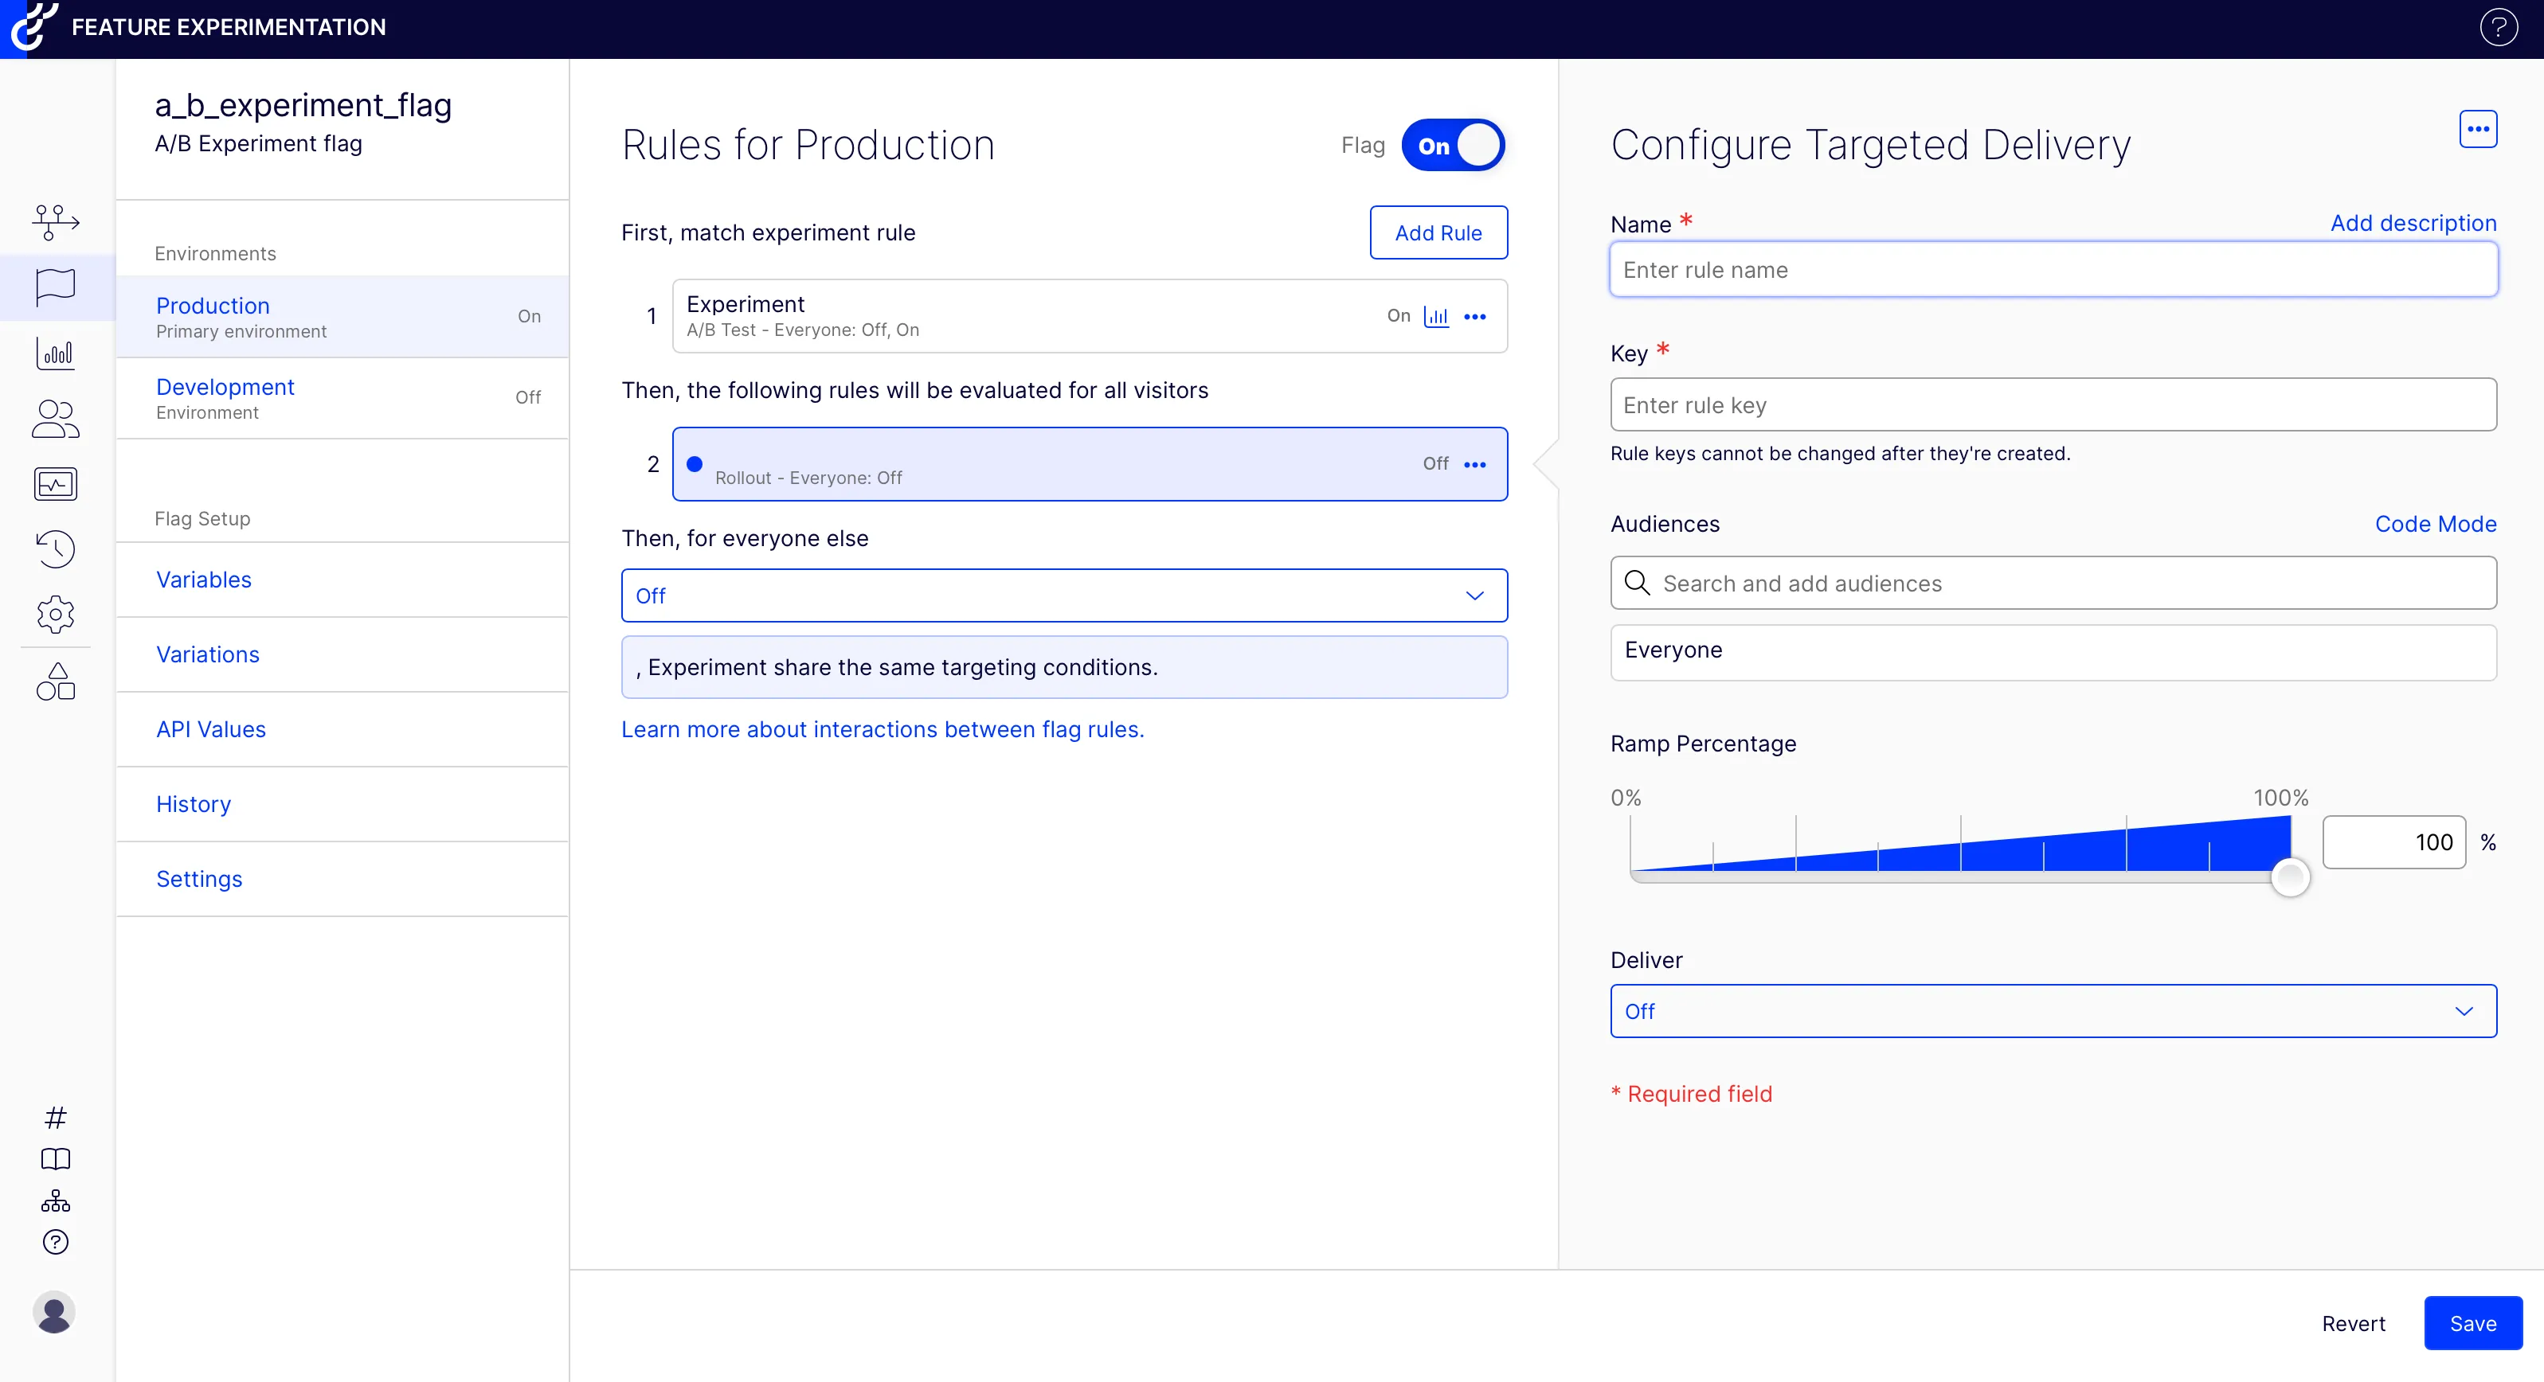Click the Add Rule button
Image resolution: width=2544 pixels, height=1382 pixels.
coord(1438,233)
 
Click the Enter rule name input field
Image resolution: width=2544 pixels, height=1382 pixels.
coord(2053,271)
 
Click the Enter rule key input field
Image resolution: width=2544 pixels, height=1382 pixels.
coord(2053,406)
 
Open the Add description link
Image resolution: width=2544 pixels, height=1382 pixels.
coord(2413,223)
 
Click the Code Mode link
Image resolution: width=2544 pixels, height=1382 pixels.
coord(2434,524)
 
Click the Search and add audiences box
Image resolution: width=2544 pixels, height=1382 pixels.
coord(2053,584)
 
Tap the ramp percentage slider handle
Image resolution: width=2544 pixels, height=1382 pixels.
coord(2289,876)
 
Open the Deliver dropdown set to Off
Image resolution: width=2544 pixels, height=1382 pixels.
coord(2053,1012)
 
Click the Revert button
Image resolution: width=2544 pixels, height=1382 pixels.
coord(2352,1324)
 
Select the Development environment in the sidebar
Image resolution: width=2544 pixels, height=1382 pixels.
coord(225,388)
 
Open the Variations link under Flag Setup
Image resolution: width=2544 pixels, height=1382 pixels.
coord(207,654)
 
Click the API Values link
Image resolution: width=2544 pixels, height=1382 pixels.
coord(210,729)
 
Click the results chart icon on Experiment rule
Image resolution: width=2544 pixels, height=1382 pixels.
coord(1436,317)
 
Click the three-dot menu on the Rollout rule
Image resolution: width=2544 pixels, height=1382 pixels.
coord(1474,465)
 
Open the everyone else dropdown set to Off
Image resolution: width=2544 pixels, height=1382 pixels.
coord(1063,596)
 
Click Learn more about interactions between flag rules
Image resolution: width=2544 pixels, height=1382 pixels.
coord(882,729)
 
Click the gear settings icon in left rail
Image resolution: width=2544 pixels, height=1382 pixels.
coord(55,614)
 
